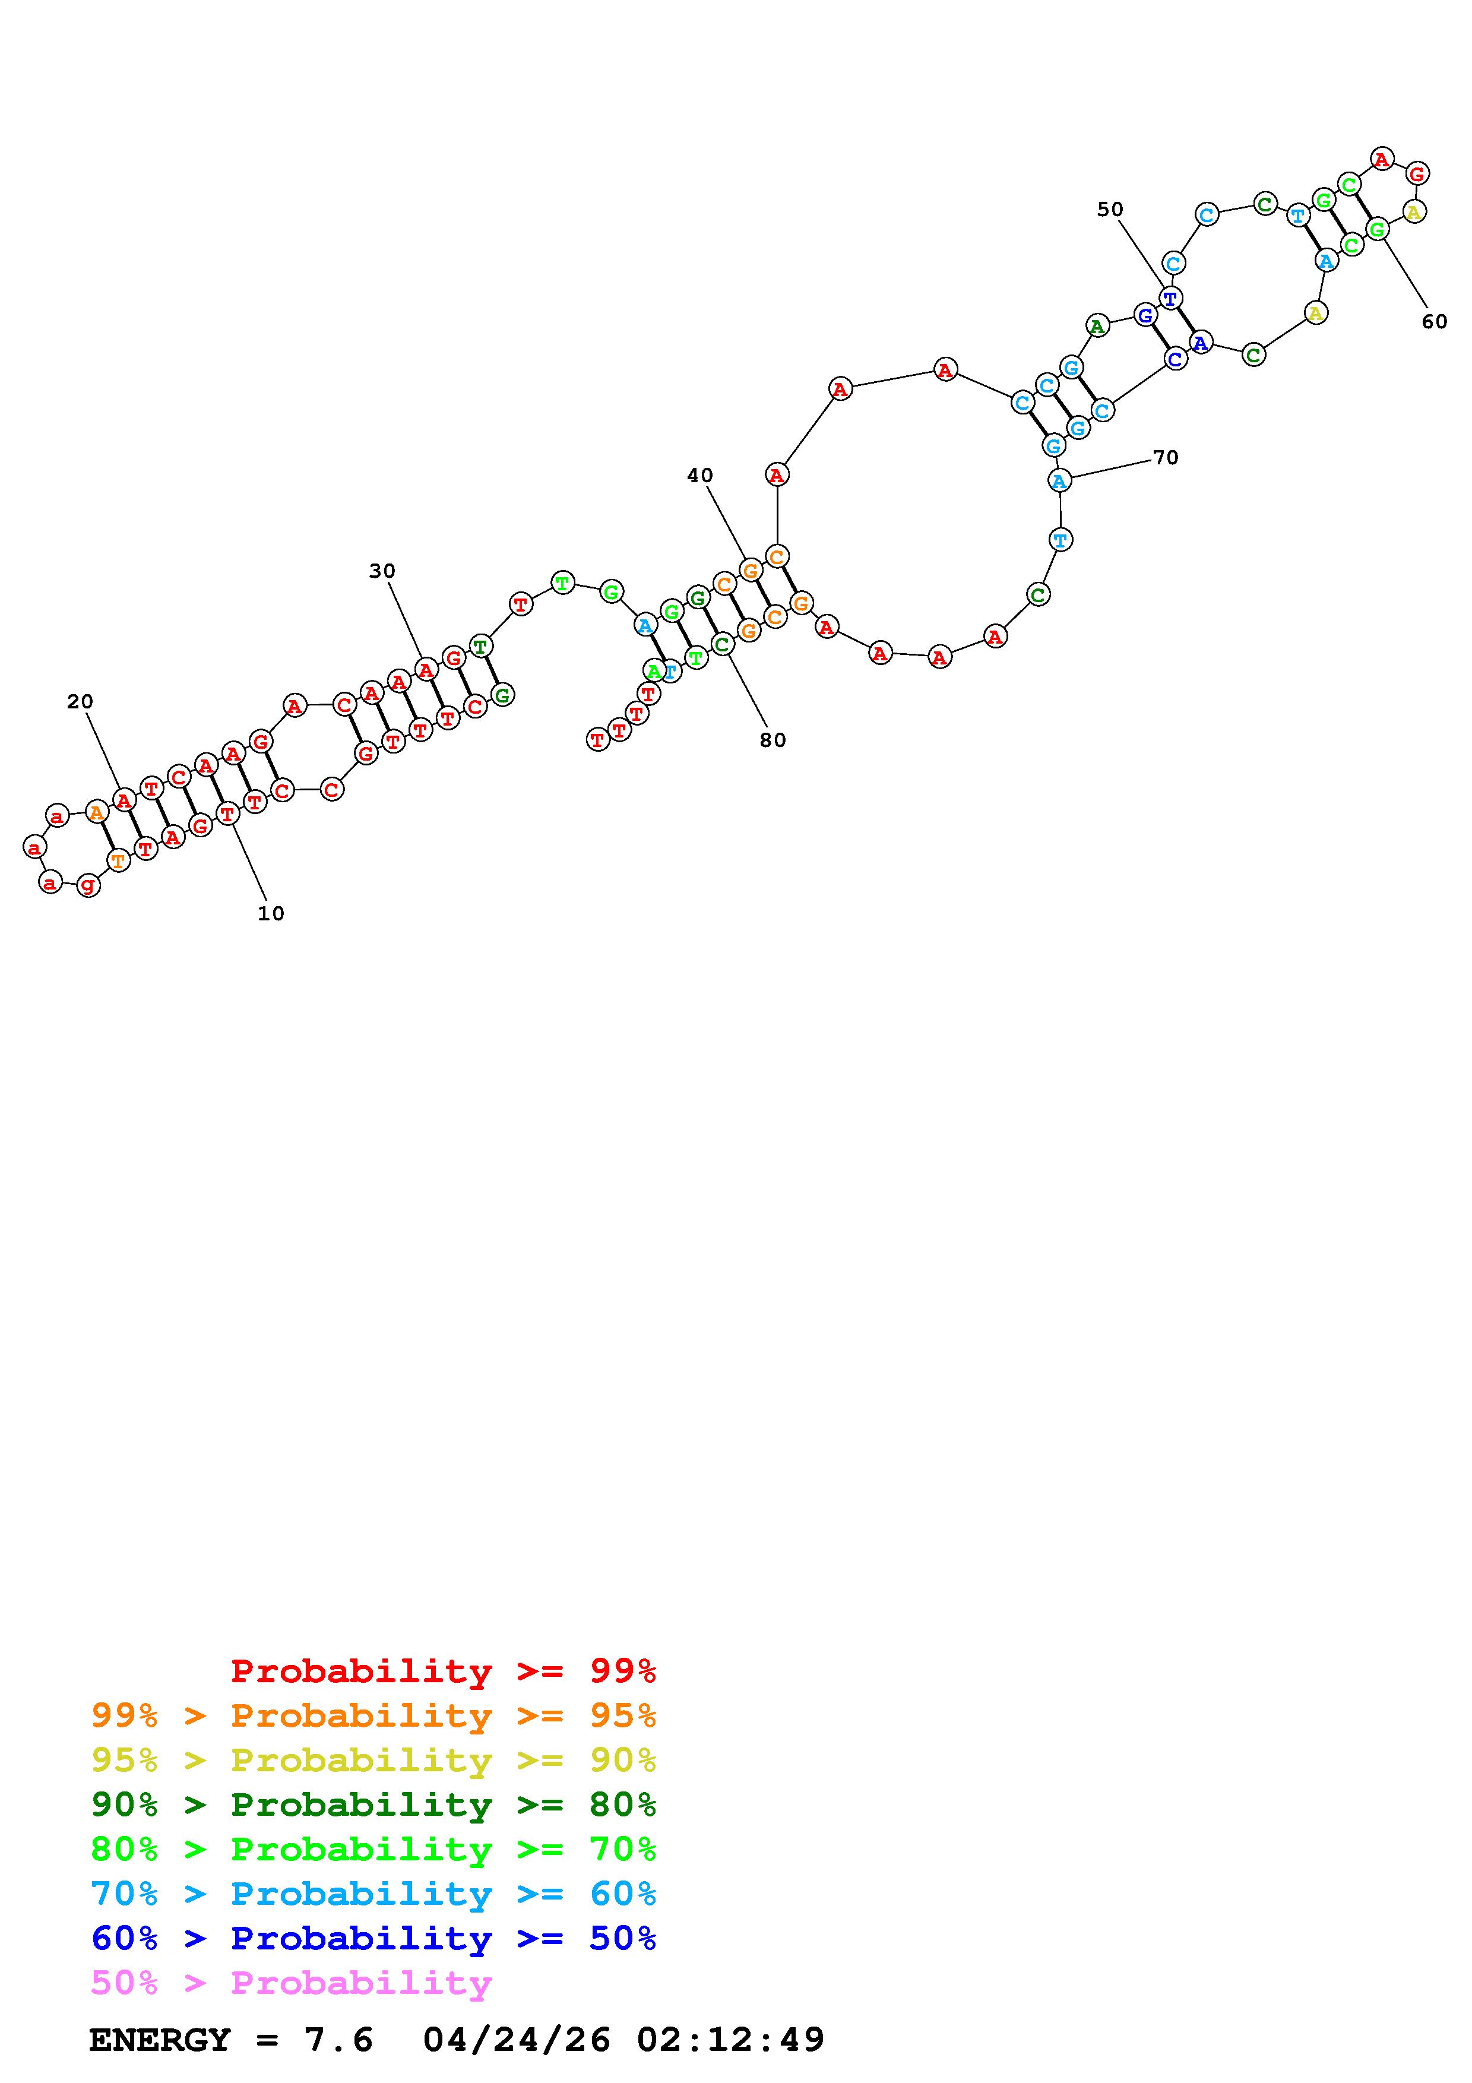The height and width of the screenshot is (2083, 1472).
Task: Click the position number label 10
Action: (x=271, y=914)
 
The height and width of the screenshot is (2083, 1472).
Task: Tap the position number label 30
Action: (x=382, y=571)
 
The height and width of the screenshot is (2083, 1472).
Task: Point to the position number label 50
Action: (x=1110, y=210)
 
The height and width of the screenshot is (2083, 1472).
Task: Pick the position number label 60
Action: (x=1435, y=321)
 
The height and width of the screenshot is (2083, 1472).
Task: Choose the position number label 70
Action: (x=1166, y=457)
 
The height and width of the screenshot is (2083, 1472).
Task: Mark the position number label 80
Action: (x=773, y=740)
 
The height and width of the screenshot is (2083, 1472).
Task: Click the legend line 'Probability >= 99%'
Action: (x=444, y=1671)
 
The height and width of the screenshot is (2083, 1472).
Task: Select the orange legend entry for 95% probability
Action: (x=373, y=1715)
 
